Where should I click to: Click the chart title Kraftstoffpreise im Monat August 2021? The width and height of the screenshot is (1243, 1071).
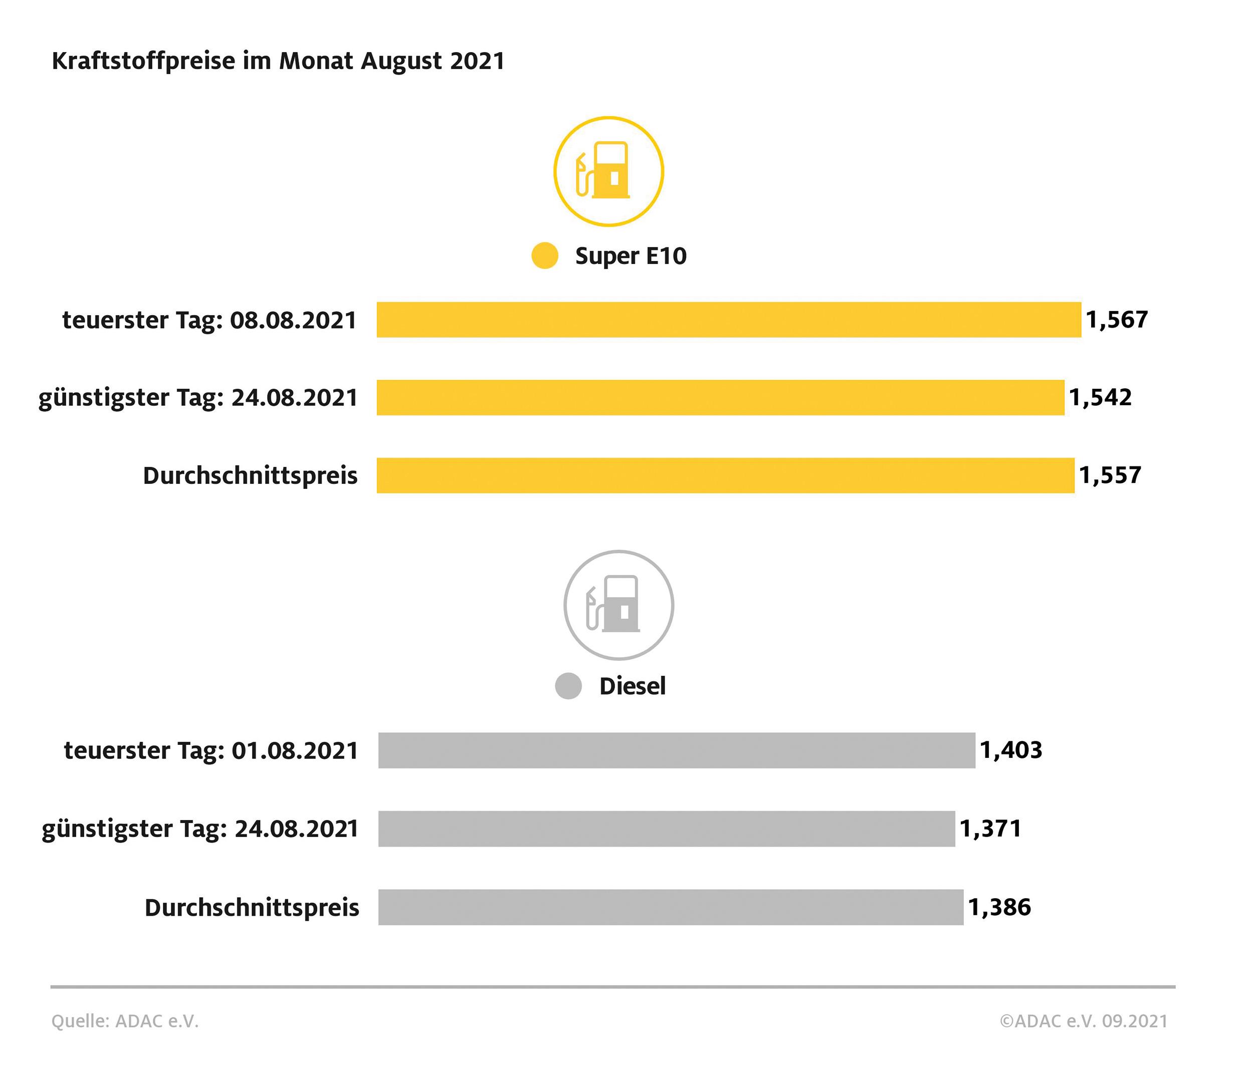(x=278, y=61)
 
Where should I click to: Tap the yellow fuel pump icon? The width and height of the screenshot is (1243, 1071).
(x=608, y=171)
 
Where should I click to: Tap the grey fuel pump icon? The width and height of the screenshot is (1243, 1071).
(x=618, y=605)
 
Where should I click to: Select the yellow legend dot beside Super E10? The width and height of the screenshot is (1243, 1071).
(x=545, y=256)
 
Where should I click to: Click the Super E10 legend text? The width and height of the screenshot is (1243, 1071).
(x=631, y=256)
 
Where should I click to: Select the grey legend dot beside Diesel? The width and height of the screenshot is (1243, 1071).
(x=568, y=686)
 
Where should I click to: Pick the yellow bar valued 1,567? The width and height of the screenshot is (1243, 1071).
(x=728, y=320)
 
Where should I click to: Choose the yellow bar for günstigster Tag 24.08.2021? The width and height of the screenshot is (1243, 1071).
(x=720, y=398)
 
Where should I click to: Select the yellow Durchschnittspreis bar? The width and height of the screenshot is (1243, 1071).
(x=725, y=475)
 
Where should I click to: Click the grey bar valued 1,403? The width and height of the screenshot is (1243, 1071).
(x=676, y=750)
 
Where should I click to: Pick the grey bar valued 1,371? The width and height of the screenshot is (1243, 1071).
(x=666, y=829)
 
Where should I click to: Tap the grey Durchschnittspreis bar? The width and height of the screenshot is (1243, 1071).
(x=670, y=907)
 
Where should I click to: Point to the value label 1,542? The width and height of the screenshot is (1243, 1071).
(x=1100, y=398)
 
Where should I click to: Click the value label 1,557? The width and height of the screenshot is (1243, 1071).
(x=1110, y=475)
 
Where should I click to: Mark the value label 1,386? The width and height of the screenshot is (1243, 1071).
(x=999, y=907)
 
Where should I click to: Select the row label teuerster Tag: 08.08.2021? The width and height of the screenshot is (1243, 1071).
(x=210, y=320)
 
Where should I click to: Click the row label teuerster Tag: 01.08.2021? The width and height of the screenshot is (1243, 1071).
(x=211, y=751)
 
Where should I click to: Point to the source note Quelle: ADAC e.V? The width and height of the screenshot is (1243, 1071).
(x=125, y=1021)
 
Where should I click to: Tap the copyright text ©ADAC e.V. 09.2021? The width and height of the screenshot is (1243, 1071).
(x=1084, y=1021)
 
